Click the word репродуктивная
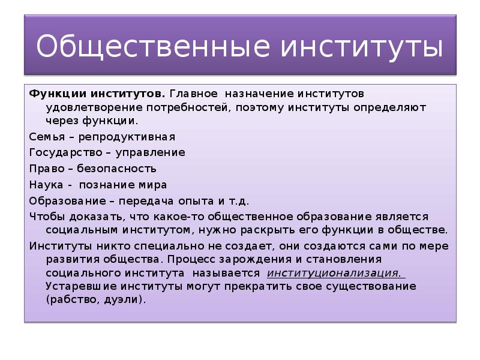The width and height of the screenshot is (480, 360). click(122, 136)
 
